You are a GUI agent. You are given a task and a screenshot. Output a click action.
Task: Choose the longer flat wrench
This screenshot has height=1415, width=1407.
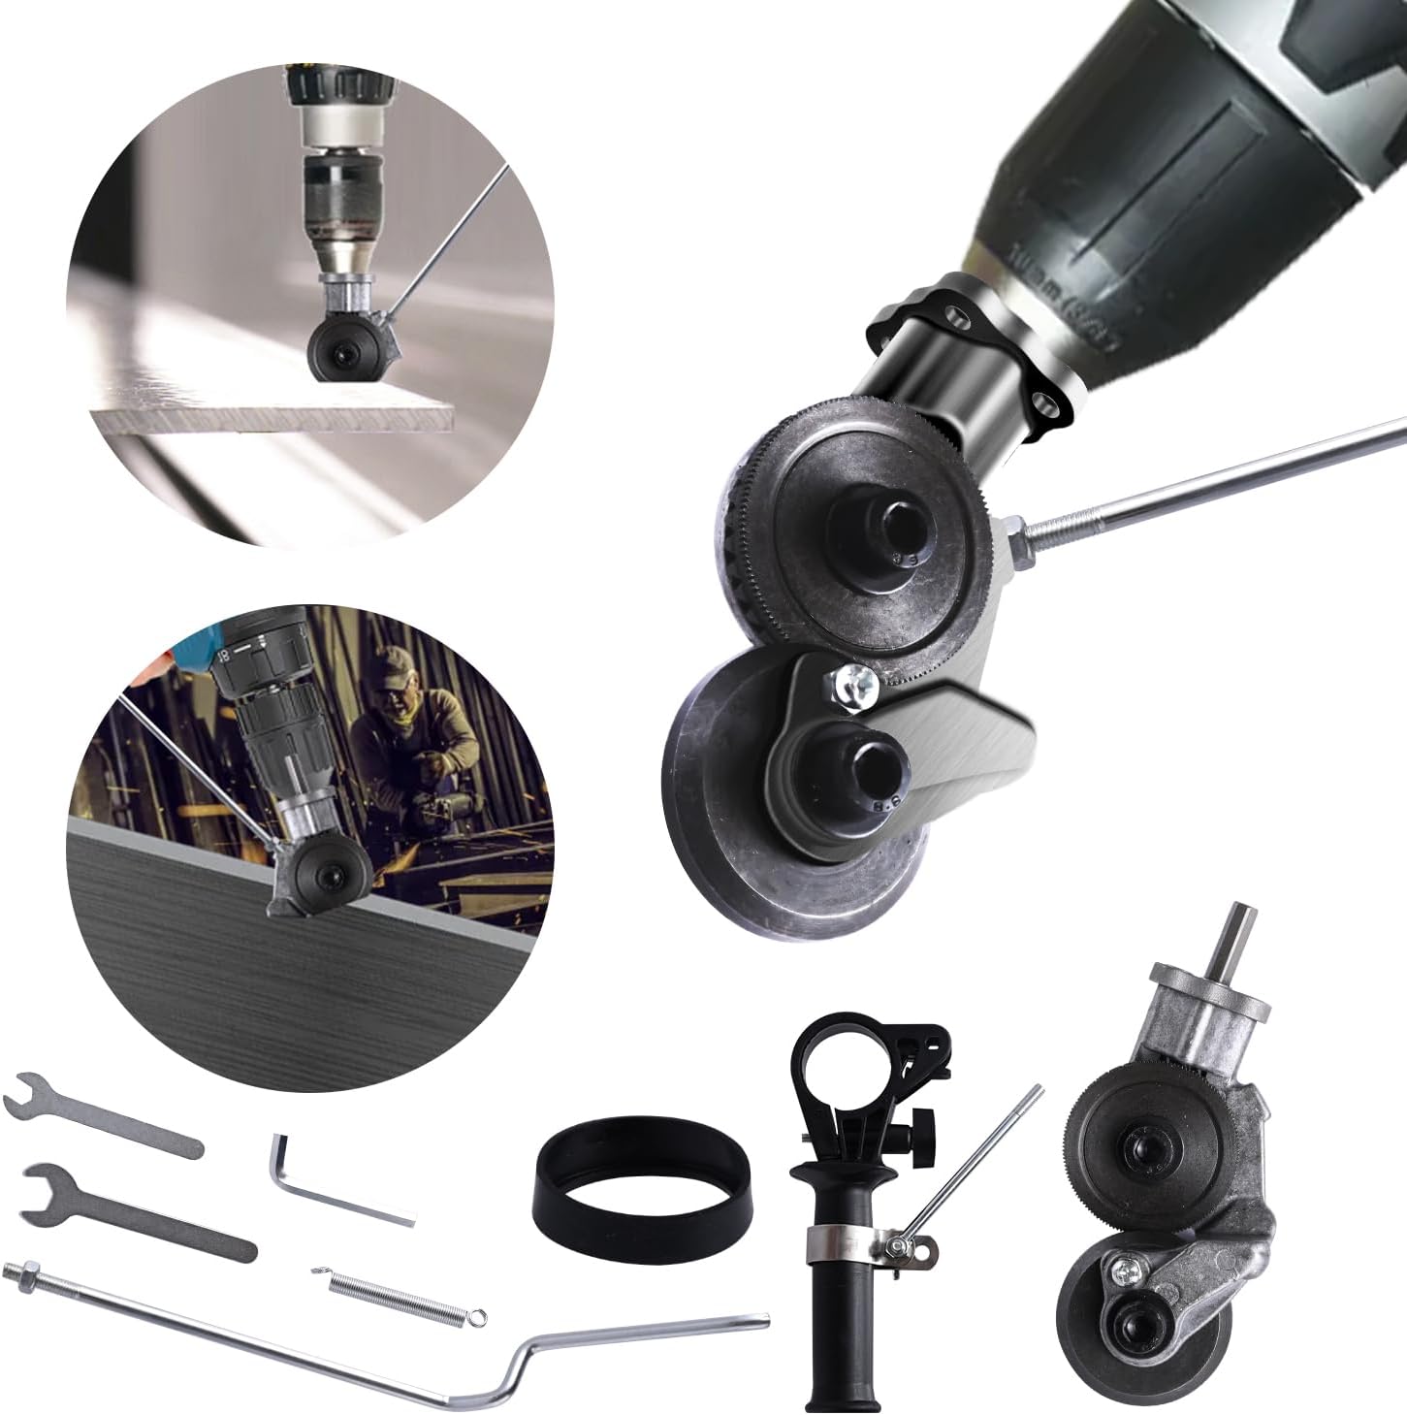click(136, 1208)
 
